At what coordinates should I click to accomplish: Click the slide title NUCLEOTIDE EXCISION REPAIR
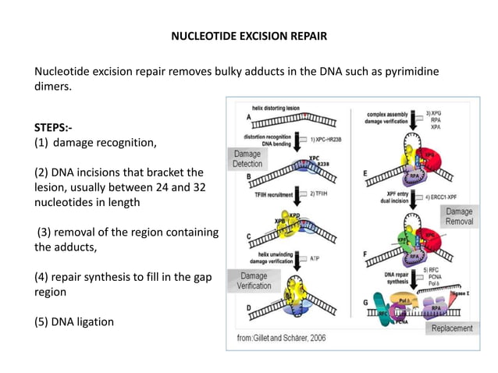(x=249, y=36)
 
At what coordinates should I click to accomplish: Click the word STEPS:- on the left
(x=56, y=127)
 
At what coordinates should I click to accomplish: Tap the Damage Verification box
(x=254, y=281)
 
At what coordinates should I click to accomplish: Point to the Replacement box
(x=452, y=328)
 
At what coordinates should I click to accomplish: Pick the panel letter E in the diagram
(x=366, y=172)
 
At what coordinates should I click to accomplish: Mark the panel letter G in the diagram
(x=365, y=301)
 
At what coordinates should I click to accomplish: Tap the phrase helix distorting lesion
(x=281, y=107)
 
